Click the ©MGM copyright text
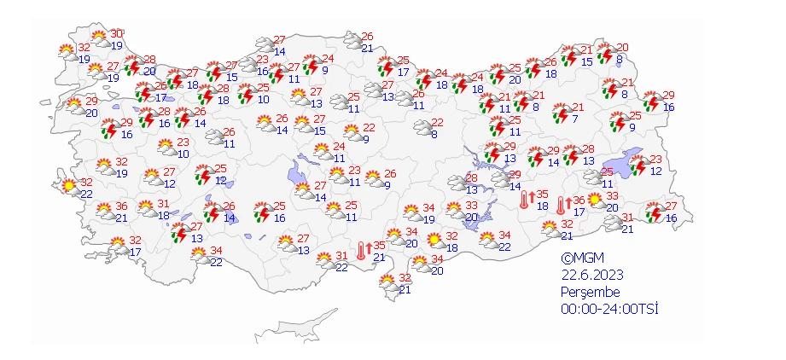[580, 258]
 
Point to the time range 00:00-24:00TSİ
[609, 309]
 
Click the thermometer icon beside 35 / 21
[362, 250]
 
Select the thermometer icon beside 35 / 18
[525, 200]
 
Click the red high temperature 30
[117, 33]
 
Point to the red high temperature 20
[622, 48]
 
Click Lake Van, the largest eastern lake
[620, 165]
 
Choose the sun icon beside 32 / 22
[67, 184]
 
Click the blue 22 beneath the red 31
[341, 268]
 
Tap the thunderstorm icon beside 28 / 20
[132, 66]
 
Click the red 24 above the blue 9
[327, 59]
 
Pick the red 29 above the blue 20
[91, 101]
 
